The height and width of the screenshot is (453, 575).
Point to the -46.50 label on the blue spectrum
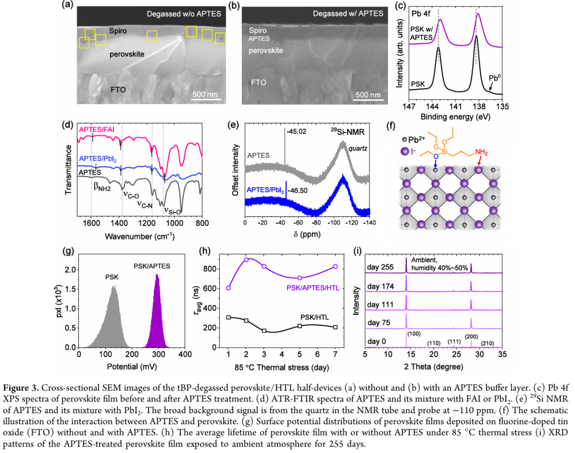[x=297, y=189]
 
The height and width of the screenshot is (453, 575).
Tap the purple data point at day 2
[x=246, y=259]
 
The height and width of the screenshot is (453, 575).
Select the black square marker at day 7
[x=335, y=327]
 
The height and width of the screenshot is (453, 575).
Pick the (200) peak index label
[x=471, y=336]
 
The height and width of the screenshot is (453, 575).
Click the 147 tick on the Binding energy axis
[x=409, y=106]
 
